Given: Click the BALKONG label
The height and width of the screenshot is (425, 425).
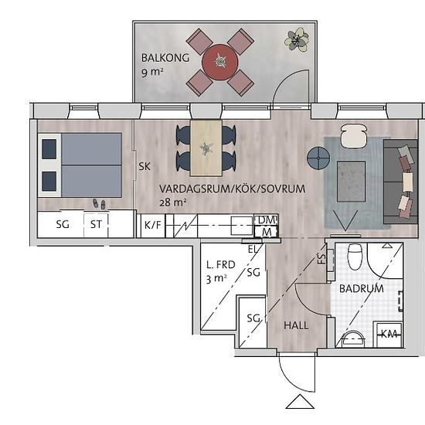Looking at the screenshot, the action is click(x=165, y=58).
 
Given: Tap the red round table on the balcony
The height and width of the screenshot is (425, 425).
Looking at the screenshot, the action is click(x=219, y=63).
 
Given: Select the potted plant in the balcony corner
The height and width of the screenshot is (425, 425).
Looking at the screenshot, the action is click(x=297, y=40).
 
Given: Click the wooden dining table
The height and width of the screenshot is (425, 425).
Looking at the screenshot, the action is click(x=206, y=148).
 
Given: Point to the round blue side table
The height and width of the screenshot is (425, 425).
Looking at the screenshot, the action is click(x=318, y=158).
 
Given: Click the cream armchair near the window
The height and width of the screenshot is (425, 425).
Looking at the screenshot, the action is click(x=354, y=136).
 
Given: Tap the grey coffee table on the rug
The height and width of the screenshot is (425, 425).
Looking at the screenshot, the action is click(x=351, y=182).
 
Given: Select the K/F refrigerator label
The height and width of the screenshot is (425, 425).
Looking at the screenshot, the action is click(x=152, y=225).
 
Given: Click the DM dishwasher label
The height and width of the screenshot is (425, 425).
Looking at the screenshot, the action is click(x=267, y=220).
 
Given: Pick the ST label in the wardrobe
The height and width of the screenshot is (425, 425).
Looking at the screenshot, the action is click(x=96, y=224).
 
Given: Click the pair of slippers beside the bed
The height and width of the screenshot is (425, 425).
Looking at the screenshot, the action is click(x=99, y=204).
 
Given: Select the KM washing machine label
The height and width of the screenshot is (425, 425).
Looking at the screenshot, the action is click(x=389, y=334).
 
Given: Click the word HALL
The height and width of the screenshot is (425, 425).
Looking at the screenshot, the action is click(x=296, y=325).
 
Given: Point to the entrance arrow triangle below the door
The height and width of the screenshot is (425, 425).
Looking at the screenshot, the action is click(x=300, y=401).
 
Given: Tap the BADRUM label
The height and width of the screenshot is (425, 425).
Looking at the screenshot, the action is click(x=362, y=288).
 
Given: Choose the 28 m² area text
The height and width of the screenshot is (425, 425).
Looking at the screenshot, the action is click(x=172, y=202).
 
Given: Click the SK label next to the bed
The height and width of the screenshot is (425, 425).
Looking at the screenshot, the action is click(x=144, y=166).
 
